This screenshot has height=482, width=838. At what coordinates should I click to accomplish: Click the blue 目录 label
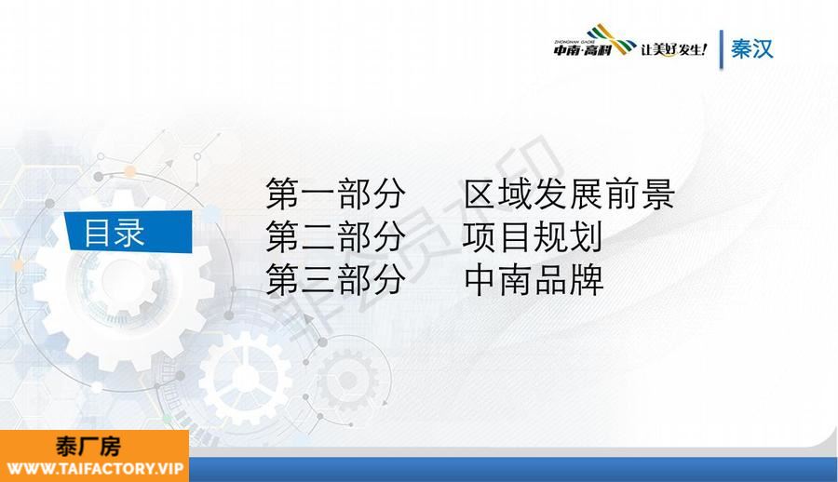[x=128, y=232]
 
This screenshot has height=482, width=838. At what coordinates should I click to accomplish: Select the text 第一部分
[x=335, y=194]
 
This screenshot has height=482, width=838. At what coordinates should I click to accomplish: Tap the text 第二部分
[x=335, y=236]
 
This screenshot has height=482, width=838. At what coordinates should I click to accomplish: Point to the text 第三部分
[x=335, y=279]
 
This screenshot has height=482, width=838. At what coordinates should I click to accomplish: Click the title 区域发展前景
[x=569, y=194]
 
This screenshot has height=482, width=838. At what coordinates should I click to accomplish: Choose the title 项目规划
[x=533, y=236]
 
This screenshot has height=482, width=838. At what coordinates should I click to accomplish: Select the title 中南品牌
[x=534, y=279]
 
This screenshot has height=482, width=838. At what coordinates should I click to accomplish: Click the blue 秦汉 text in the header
[x=752, y=49]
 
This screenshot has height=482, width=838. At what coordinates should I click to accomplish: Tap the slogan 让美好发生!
[x=673, y=49]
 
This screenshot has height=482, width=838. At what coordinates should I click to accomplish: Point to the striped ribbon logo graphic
[x=611, y=38]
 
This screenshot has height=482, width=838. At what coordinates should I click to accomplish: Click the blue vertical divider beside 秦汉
[x=722, y=49]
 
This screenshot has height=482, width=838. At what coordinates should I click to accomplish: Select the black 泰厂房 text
[x=88, y=447]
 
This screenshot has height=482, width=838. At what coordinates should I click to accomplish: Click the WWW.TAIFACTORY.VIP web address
[x=95, y=469]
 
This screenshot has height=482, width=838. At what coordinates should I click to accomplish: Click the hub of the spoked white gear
[x=246, y=378]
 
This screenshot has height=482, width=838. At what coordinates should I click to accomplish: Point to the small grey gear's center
[x=348, y=381]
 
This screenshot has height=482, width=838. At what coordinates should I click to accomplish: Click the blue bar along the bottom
[x=513, y=470]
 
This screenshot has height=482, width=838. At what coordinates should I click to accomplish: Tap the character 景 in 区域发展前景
[x=657, y=194]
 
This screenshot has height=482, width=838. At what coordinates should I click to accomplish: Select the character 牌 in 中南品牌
[x=587, y=279]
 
